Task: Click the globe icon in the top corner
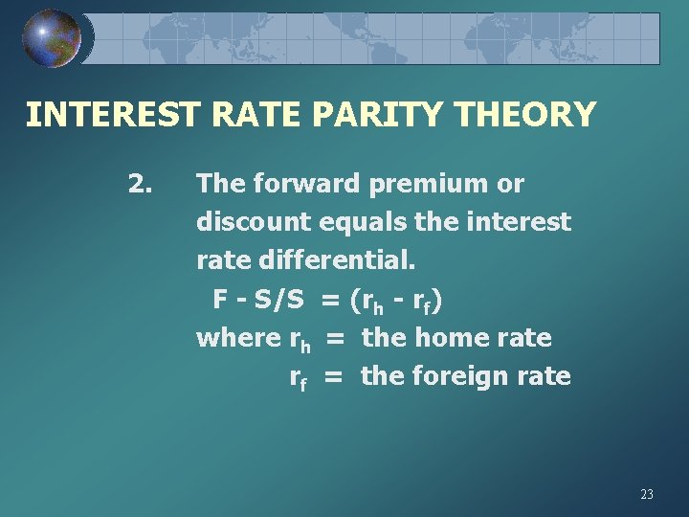(x=51, y=38)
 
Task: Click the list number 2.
(x=139, y=182)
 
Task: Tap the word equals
(x=365, y=222)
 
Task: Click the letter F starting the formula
(x=220, y=300)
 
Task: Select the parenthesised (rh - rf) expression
(x=396, y=301)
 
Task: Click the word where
(x=238, y=338)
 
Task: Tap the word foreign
(x=461, y=377)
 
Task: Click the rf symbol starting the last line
(x=299, y=378)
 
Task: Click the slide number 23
(x=647, y=494)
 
